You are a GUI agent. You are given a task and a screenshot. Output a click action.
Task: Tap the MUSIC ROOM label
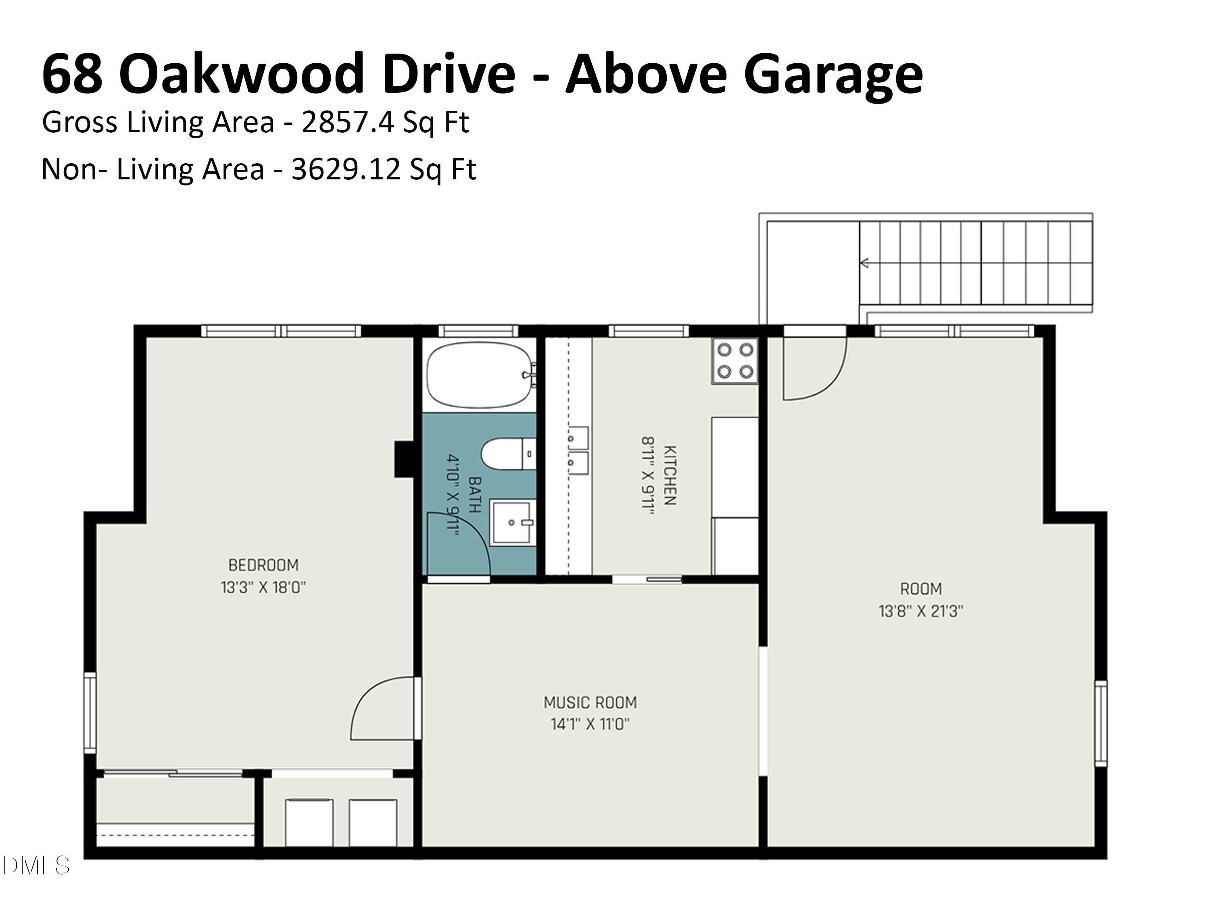590,702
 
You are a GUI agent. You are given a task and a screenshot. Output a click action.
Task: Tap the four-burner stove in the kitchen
734,361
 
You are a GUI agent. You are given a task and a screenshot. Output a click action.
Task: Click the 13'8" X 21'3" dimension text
921,611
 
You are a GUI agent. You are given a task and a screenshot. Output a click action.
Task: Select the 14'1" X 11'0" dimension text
590,724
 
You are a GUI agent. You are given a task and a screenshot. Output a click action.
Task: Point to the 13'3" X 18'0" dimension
263,588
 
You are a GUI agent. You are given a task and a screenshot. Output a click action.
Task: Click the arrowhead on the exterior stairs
864,263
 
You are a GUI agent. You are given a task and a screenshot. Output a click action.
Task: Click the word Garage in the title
832,74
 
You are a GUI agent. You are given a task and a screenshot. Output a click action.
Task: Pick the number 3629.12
346,169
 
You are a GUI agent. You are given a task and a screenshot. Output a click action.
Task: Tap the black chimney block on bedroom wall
404,459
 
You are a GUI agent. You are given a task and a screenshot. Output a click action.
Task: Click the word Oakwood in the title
241,74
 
